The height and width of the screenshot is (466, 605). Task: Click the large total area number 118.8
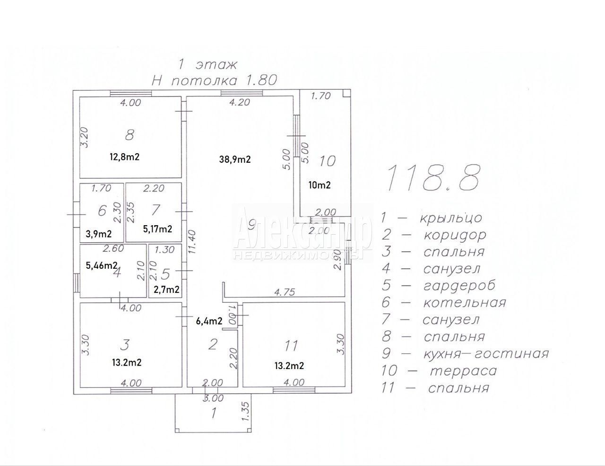tap(433, 178)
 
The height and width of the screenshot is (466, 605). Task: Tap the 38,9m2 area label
tap(235, 159)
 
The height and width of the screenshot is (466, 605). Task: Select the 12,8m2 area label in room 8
tap(124, 157)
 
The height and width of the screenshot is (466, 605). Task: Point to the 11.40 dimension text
tap(192, 241)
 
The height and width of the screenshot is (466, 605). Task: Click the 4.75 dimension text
tap(284, 292)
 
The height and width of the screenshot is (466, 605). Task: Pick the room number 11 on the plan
tap(291, 345)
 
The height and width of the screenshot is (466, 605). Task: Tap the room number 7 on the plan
tap(156, 210)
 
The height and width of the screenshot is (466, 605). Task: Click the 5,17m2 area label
tap(157, 229)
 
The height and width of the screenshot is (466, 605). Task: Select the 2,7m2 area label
tap(167, 290)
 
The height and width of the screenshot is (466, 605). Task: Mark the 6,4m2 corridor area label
tap(209, 321)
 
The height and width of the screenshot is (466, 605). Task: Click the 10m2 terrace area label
tap(320, 185)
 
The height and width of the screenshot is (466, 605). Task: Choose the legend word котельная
tap(465, 302)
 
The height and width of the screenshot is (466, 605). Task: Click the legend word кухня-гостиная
tap(486, 354)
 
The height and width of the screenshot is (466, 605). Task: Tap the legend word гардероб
tap(459, 285)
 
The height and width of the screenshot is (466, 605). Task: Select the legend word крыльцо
tap(451, 218)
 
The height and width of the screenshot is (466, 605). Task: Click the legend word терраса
tap(463, 371)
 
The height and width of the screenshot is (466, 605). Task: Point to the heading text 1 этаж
tap(207, 65)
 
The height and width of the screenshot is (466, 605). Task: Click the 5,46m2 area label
tap(102, 265)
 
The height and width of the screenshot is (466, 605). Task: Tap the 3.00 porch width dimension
tap(213, 398)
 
